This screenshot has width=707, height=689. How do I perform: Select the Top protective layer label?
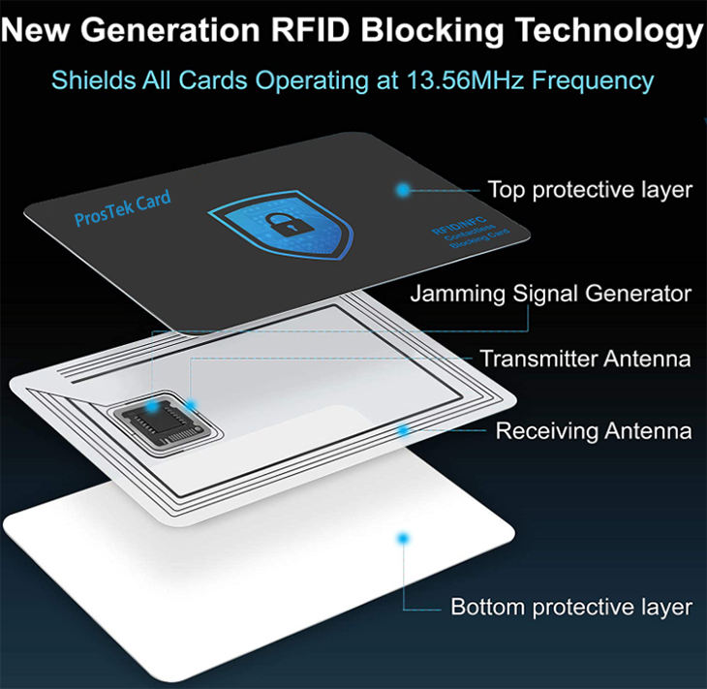pos(590,189)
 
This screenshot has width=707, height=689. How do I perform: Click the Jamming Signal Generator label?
pos(550,293)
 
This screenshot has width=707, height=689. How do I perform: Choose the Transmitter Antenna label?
pos(585,360)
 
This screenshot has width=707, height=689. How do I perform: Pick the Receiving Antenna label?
pos(594,430)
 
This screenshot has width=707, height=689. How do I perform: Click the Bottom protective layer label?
pos(571,608)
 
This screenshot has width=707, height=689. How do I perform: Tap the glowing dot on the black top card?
pos(402,189)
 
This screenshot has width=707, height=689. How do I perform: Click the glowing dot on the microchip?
pos(193,406)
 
